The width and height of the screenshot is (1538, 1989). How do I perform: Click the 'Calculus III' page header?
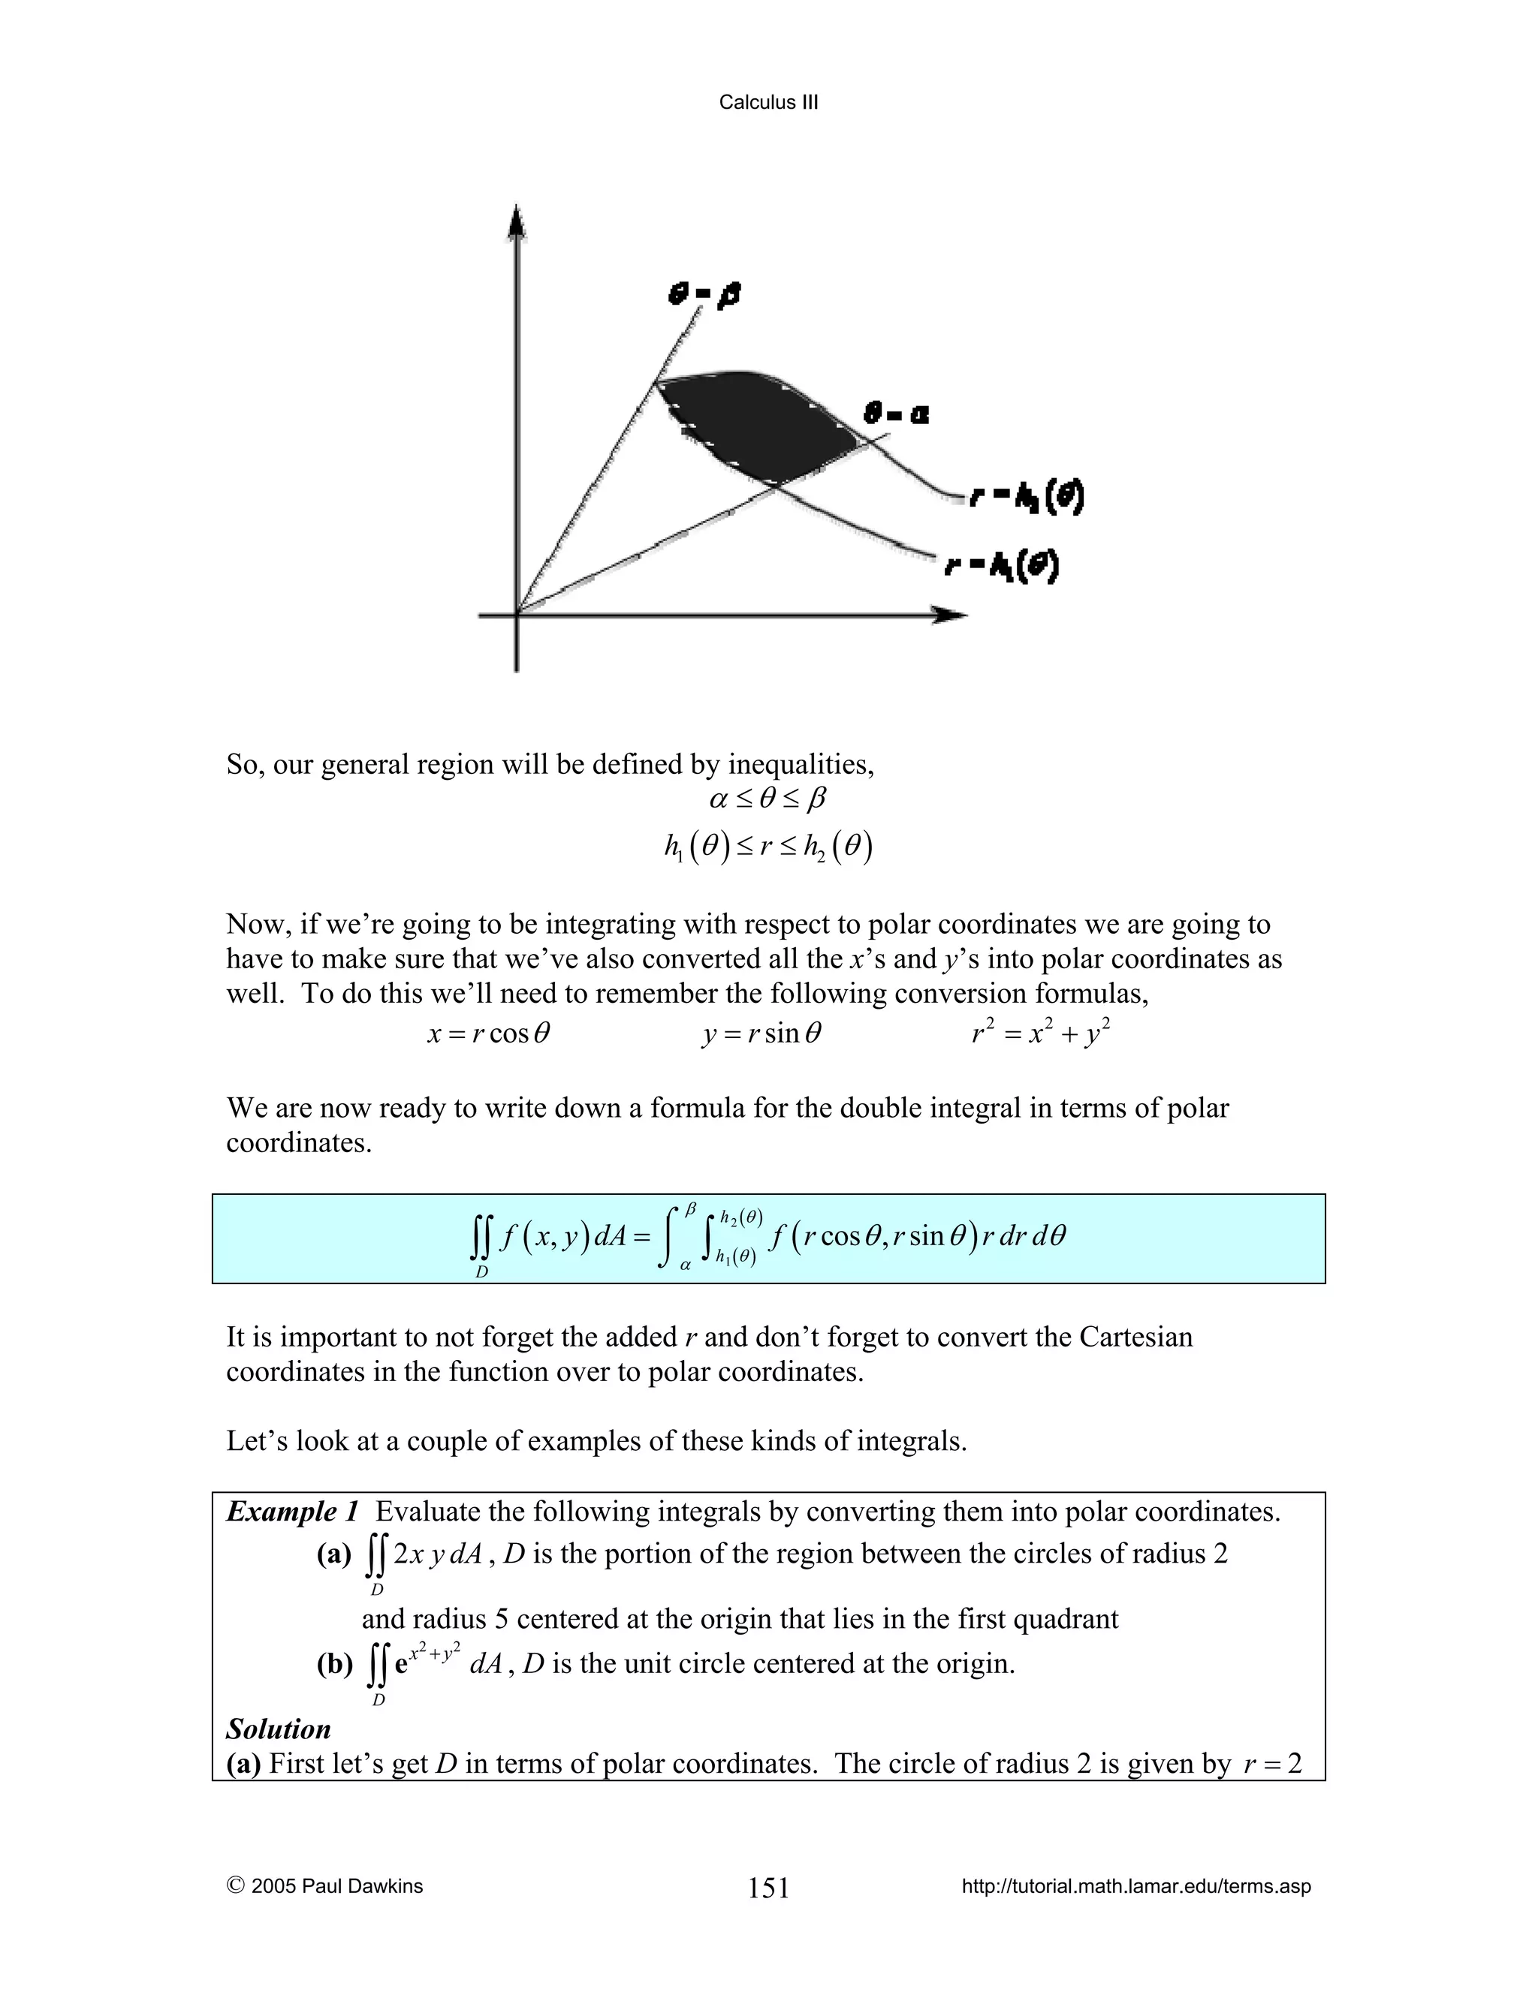(x=768, y=102)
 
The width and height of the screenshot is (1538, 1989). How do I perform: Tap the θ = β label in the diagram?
(x=704, y=295)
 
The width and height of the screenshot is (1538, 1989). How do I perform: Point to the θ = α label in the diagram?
(x=897, y=414)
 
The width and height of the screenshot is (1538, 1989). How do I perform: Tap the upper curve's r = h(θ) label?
(x=1026, y=497)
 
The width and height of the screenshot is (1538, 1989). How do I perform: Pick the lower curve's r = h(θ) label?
(x=1001, y=567)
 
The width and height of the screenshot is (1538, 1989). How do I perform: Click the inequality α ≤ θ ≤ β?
(x=768, y=799)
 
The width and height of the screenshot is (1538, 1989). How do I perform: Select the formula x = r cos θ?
(x=488, y=1034)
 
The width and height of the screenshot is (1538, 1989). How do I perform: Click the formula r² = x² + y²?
(x=1041, y=1034)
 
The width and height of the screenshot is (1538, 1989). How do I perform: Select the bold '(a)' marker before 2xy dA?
(x=333, y=1554)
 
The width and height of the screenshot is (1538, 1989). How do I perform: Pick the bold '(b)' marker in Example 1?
(x=334, y=1665)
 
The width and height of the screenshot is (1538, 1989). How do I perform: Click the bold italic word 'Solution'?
(x=278, y=1729)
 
